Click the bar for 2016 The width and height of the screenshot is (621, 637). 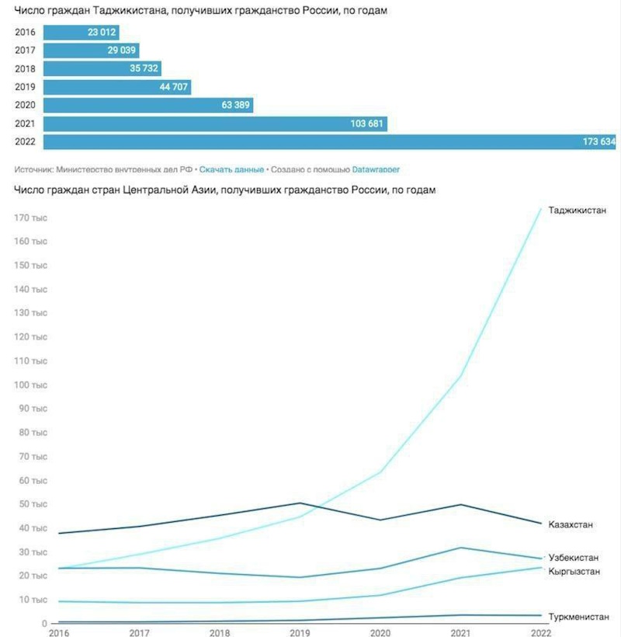[x=81, y=33]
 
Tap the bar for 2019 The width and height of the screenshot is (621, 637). [x=116, y=87]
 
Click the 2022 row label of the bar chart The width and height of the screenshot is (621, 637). [x=25, y=142]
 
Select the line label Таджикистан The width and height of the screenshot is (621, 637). [x=578, y=211]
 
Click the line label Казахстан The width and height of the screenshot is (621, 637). [x=571, y=525]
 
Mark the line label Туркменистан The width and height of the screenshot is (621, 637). [x=578, y=616]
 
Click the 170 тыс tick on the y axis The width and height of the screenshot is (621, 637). [x=32, y=218]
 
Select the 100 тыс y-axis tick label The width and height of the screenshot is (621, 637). [x=32, y=385]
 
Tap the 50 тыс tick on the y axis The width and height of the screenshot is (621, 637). [x=32, y=505]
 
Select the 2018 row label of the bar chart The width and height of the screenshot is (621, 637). [x=25, y=69]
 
